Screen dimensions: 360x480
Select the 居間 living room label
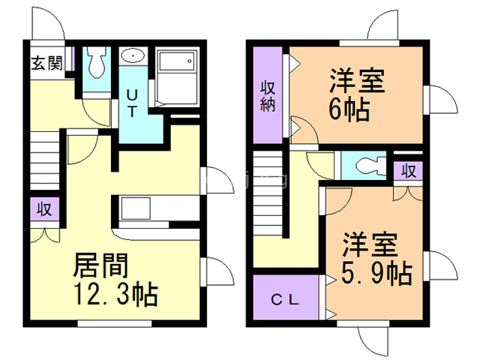[x=100, y=265]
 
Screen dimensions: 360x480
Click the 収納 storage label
[x=268, y=95]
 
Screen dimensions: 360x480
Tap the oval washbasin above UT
[x=133, y=56]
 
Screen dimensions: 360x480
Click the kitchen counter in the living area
[x=136, y=208]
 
